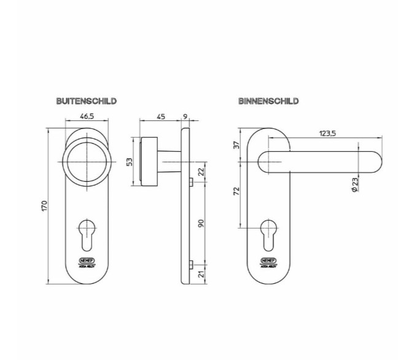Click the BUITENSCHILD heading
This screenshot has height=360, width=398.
[x=86, y=101]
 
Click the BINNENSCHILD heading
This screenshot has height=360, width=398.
[x=268, y=101]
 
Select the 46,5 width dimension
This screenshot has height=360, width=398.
[x=87, y=115]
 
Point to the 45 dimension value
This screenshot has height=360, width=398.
[x=160, y=115]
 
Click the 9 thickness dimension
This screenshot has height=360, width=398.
[x=185, y=115]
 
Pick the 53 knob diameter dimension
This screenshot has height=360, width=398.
[x=129, y=162]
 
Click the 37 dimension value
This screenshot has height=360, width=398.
[x=235, y=145]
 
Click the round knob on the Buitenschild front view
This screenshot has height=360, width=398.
[x=87, y=161]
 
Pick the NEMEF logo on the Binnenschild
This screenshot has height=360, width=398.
[x=268, y=260]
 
